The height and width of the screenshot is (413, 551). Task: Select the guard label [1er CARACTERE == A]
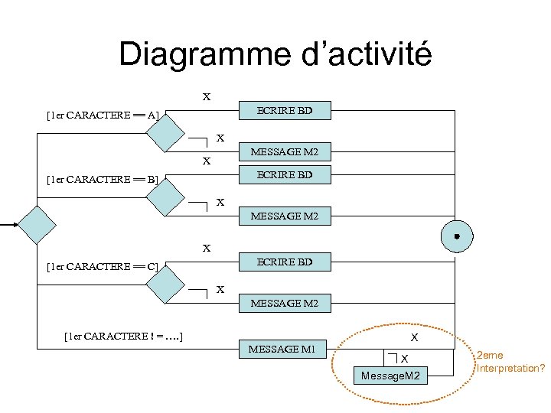tap(103, 115)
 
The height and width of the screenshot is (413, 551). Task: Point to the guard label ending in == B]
tap(103, 180)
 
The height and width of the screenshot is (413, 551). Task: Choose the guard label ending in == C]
tap(103, 266)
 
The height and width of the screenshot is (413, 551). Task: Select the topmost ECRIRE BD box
tap(285, 111)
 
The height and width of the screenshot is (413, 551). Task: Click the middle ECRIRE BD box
tap(285, 174)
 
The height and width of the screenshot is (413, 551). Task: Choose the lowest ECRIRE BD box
tap(285, 262)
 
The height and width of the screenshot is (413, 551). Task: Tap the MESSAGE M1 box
tap(282, 350)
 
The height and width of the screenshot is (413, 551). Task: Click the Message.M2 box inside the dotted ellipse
tap(391, 376)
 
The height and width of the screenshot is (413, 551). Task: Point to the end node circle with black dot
tap(456, 236)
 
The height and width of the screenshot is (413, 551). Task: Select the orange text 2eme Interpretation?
tap(510, 362)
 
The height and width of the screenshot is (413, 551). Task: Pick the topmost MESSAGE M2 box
tap(285, 152)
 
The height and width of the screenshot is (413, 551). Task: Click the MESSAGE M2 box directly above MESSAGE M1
tap(285, 304)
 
